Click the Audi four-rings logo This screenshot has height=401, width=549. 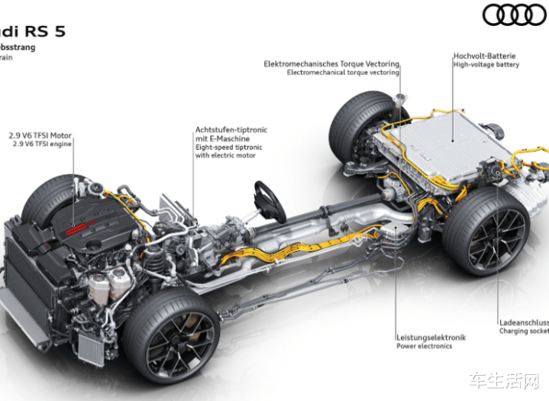point(515,15)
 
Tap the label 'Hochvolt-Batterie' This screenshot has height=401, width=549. point(484,56)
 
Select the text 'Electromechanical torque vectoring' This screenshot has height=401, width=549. point(343,73)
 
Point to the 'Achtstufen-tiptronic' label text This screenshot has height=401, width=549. point(231,130)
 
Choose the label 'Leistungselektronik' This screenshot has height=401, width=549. point(431,337)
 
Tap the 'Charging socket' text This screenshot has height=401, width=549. point(524,331)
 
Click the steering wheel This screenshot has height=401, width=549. point(269,201)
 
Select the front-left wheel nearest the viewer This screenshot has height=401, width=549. point(171,334)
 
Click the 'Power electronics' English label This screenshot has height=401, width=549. point(424,346)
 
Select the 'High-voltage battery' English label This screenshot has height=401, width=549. point(486,65)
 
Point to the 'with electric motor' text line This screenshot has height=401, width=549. point(225,155)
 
